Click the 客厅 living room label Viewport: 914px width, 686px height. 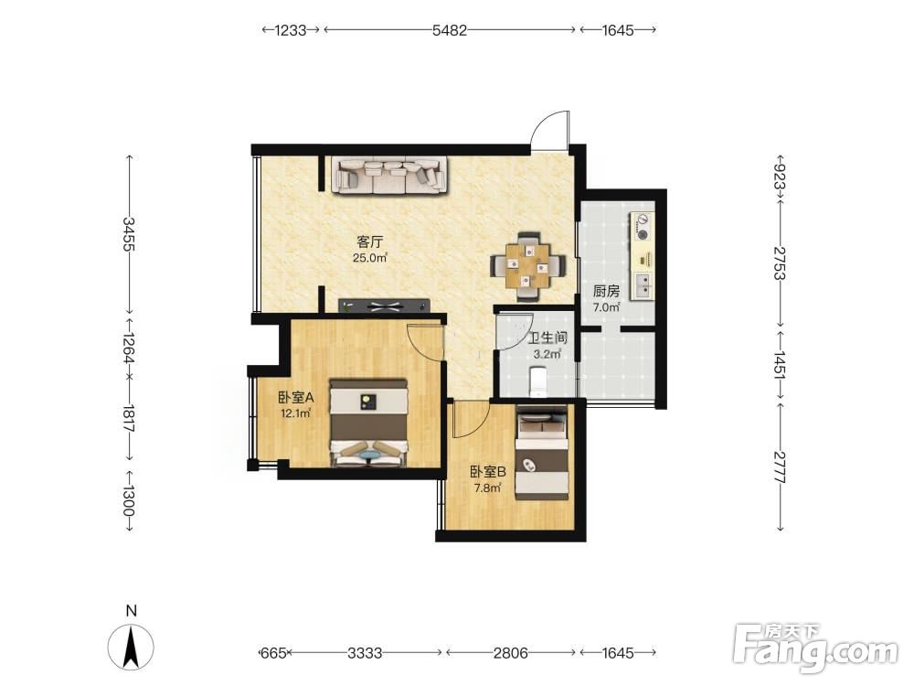coord(369,241)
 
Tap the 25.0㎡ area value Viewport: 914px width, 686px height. coord(370,258)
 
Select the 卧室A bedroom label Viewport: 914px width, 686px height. coord(295,398)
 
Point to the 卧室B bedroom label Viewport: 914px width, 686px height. coord(487,471)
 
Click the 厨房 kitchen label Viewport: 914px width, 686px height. coord(606,291)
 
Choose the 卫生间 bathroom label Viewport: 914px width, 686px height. coord(547,338)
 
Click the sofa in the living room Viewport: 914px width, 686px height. coord(389,175)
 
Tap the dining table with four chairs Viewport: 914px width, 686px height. coord(528,267)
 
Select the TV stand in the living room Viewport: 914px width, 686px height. coord(384,305)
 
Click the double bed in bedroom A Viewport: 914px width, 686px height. coord(368,423)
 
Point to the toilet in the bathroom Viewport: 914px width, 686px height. coord(537,381)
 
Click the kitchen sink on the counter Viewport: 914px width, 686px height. coord(643,285)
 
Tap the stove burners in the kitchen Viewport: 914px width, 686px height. coord(643,228)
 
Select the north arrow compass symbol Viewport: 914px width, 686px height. coord(131,646)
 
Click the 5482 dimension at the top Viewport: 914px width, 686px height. coord(450,30)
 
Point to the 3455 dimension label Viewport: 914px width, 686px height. coord(129,234)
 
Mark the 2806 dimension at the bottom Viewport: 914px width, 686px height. coord(511,653)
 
